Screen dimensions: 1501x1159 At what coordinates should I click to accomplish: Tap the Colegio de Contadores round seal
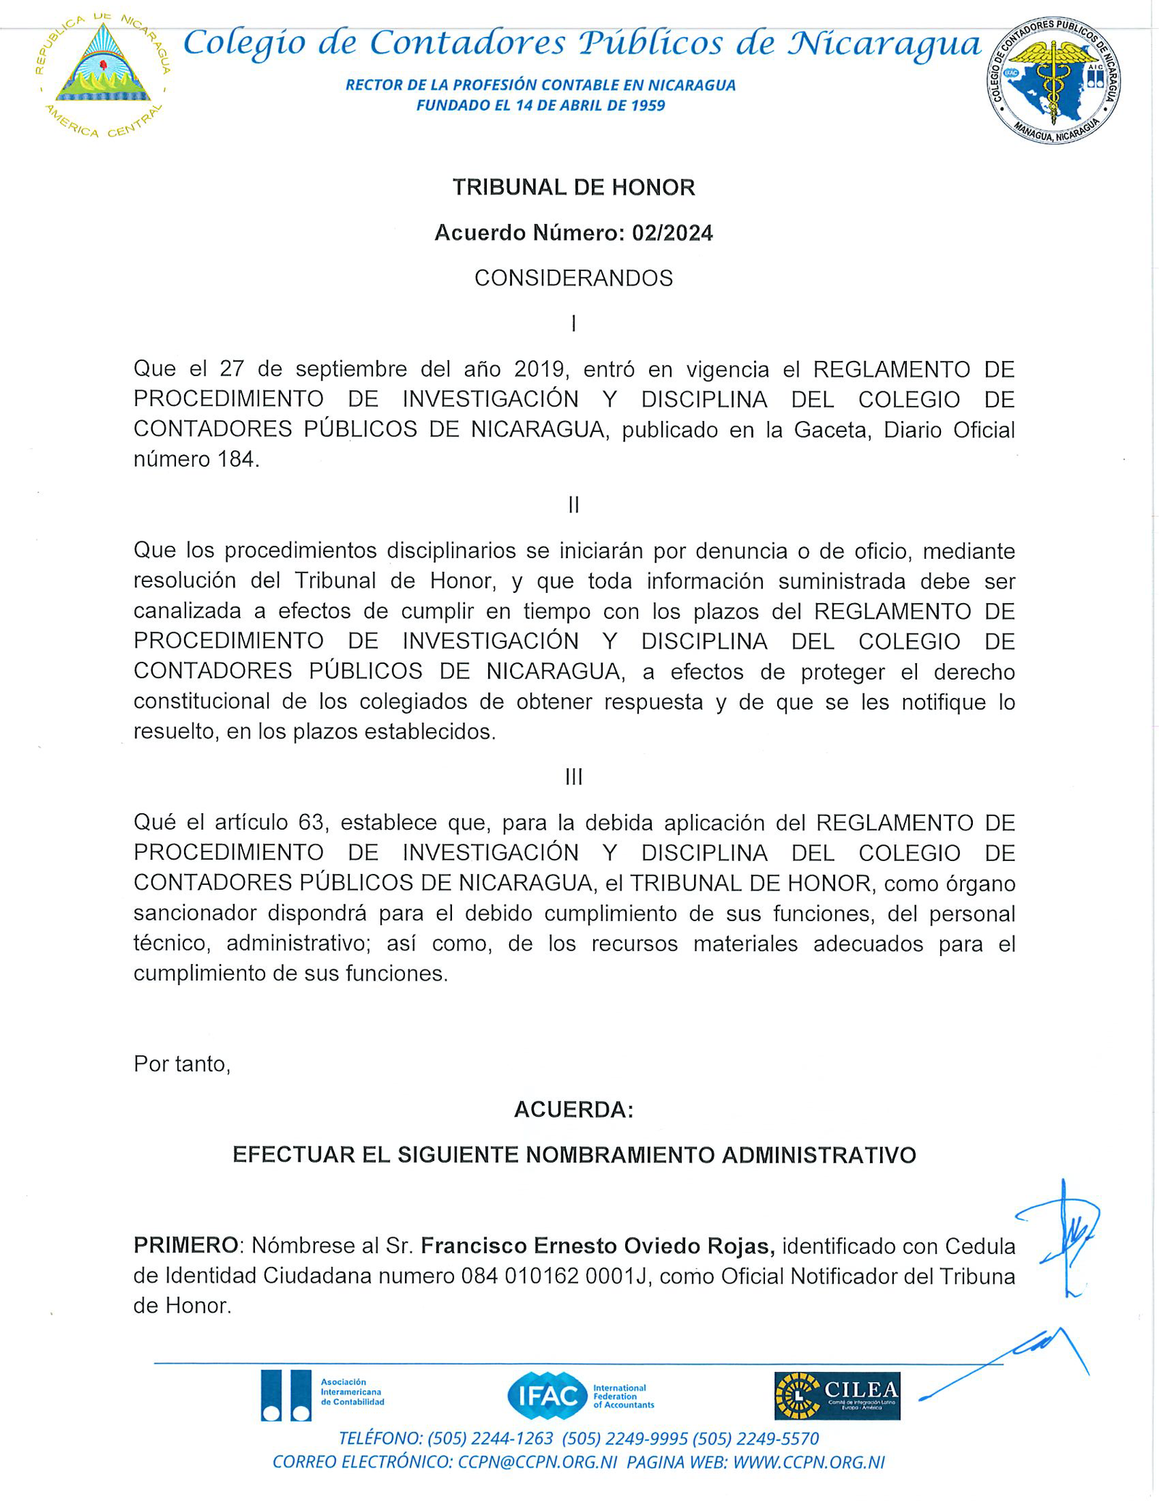[1053, 79]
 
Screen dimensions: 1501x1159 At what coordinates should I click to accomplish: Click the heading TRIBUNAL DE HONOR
[574, 188]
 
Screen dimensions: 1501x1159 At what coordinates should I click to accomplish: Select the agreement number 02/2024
[671, 233]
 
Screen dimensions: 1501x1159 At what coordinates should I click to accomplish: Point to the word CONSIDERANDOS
[574, 278]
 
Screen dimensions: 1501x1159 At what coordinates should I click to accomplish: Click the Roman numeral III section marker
[574, 778]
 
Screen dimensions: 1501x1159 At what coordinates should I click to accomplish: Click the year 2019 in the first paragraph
[539, 369]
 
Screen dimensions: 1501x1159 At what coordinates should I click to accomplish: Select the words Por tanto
[182, 1064]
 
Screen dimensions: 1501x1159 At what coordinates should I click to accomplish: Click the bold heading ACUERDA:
[574, 1110]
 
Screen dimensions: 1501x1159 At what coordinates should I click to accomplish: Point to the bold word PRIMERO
[186, 1246]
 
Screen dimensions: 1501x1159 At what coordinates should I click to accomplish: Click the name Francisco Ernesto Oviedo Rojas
[598, 1246]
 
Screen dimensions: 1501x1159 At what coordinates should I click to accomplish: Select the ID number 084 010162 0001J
[556, 1276]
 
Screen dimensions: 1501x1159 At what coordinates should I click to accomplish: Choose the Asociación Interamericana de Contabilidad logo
[322, 1395]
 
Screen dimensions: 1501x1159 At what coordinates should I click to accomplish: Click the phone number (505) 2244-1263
[490, 1439]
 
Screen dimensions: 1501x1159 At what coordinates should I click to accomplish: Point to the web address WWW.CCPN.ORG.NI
[808, 1463]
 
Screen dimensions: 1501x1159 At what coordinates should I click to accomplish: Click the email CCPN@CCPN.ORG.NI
[537, 1463]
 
